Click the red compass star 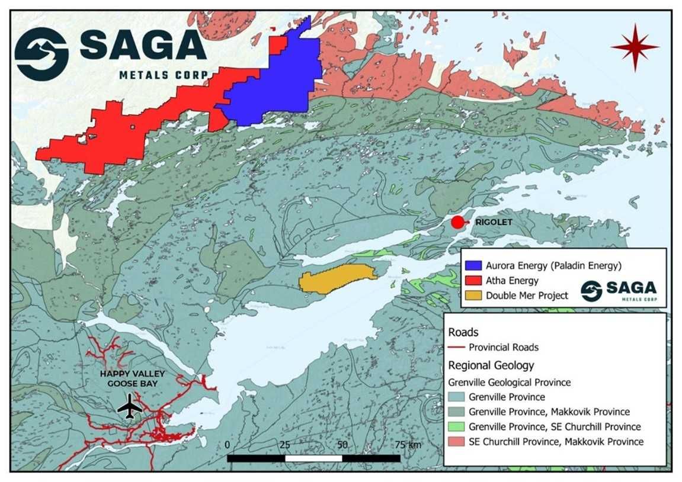(x=635, y=47)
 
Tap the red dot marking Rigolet (x=457, y=222)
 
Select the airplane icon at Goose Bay (x=130, y=407)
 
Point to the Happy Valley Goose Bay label (x=132, y=379)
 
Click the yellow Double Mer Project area (x=337, y=278)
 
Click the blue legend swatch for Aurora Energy (x=472, y=265)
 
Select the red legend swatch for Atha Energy (x=472, y=280)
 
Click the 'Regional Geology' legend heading (x=491, y=365)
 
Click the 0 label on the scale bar (x=228, y=445)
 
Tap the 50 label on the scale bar (x=342, y=445)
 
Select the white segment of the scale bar (x=313, y=458)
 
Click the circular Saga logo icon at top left (x=41, y=54)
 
